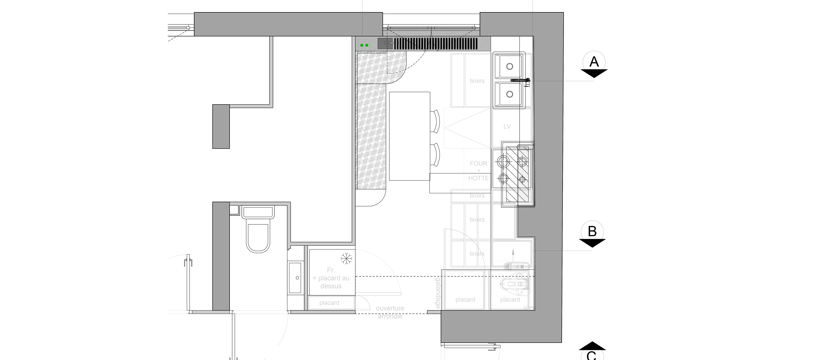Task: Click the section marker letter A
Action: (x=594, y=62)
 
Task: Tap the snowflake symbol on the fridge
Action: (x=347, y=259)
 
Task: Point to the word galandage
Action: (x=438, y=293)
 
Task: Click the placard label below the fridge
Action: (x=329, y=303)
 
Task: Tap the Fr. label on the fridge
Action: (x=331, y=270)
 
